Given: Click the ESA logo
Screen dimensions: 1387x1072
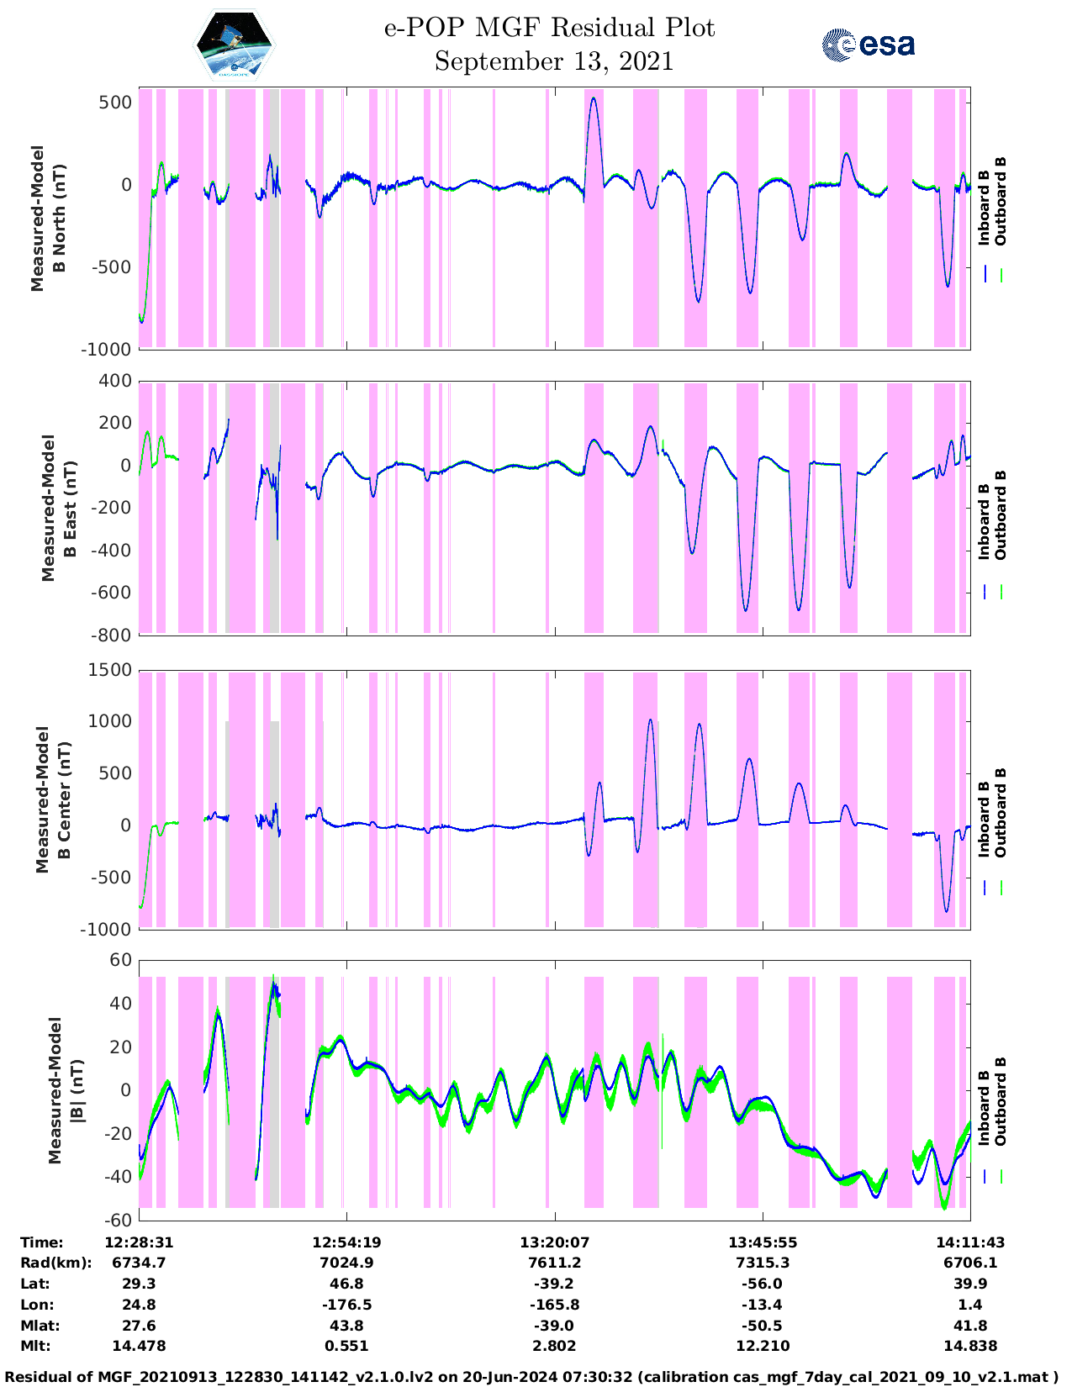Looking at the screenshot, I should coord(869,45).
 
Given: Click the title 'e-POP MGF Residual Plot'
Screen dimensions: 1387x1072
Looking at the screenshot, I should coord(550,28).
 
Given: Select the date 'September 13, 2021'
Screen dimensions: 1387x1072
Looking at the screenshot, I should coord(554,61).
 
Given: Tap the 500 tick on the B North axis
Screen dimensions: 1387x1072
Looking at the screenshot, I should coord(115,103).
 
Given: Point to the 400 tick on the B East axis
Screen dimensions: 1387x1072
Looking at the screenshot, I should coord(115,381).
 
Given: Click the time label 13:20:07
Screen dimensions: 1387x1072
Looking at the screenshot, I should coord(554,1242).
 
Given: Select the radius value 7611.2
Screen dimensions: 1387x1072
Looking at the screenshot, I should coord(554,1263).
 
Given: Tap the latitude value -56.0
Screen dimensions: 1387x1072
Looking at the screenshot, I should coord(763,1284).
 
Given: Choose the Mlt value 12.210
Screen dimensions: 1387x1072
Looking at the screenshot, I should coord(763,1346).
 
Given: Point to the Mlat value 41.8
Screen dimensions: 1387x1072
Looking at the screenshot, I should coord(970,1326).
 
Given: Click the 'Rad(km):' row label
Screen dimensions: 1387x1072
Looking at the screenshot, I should coord(55,1263).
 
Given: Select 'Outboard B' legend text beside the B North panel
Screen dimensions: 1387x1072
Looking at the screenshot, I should coord(1001,202).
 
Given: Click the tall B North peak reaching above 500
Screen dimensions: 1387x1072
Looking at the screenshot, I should coord(594,99).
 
